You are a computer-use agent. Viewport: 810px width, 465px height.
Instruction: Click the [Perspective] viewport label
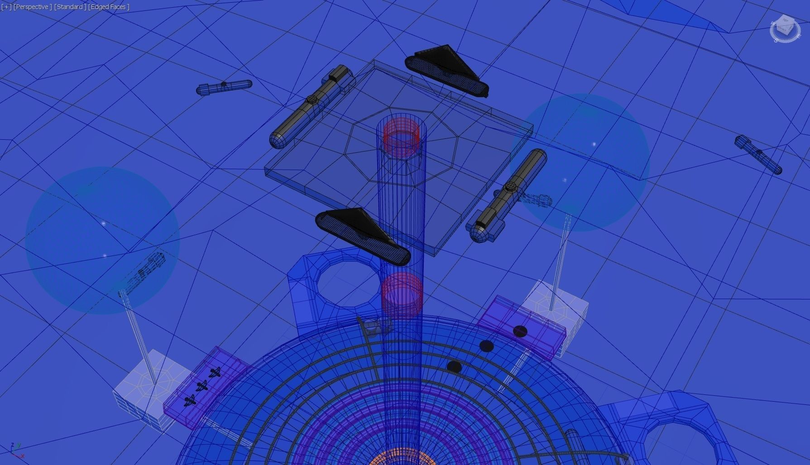(x=32, y=7)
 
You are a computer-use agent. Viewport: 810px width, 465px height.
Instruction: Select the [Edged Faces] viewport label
(x=109, y=7)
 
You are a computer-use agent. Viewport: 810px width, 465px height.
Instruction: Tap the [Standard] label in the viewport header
(x=70, y=7)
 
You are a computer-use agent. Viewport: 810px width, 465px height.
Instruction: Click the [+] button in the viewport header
(x=6, y=7)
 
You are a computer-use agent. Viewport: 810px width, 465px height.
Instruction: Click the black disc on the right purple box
(x=520, y=332)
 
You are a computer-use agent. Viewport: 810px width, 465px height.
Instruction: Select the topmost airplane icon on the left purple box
(x=216, y=372)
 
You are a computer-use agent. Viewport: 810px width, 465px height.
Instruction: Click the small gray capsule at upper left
(x=224, y=87)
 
